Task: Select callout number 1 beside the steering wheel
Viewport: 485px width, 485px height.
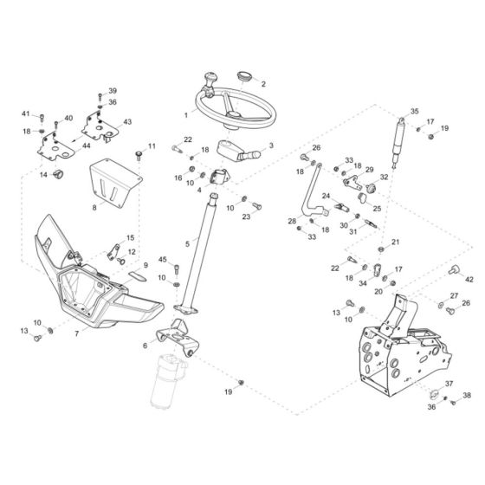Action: pyautogui.click(x=185, y=115)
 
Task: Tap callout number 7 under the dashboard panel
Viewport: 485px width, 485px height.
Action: pyautogui.click(x=77, y=333)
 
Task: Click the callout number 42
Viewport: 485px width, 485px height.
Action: pyautogui.click(x=470, y=280)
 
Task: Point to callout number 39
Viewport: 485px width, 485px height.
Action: pyautogui.click(x=112, y=91)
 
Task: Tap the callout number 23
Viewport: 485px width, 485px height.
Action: pyautogui.click(x=247, y=217)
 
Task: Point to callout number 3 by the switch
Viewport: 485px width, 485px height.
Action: pyautogui.click(x=270, y=146)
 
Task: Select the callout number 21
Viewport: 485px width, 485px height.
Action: pyautogui.click(x=396, y=242)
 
